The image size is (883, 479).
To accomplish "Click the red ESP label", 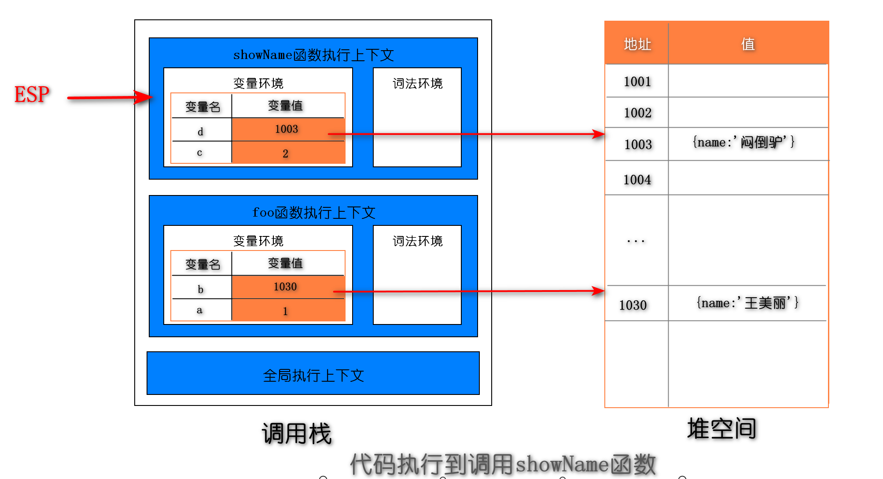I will [32, 95].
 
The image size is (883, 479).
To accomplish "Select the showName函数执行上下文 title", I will [313, 55].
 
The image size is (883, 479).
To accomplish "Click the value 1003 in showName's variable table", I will [287, 129].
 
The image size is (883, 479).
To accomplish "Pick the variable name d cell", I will [200, 132].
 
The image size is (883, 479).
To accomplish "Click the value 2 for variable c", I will [285, 154].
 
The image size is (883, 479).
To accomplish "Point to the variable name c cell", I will [199, 153].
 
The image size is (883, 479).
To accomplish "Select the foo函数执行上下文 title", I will [313, 213].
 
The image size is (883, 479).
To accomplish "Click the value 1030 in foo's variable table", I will [285, 287].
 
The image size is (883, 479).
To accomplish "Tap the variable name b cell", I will [200, 289].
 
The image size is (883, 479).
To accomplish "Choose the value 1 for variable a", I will [285, 311].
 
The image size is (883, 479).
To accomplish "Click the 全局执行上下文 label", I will [313, 376].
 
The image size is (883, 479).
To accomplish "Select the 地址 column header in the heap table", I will [637, 44].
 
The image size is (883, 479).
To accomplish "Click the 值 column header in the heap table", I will [748, 44].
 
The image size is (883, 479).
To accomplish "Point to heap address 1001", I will [637, 81].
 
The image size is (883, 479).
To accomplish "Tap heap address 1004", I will [637, 180].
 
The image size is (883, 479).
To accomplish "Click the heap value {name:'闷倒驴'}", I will [743, 142].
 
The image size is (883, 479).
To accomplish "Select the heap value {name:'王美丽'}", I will [747, 303].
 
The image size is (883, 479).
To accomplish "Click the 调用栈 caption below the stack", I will [296, 434].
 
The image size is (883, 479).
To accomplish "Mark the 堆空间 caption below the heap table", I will [721, 428].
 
